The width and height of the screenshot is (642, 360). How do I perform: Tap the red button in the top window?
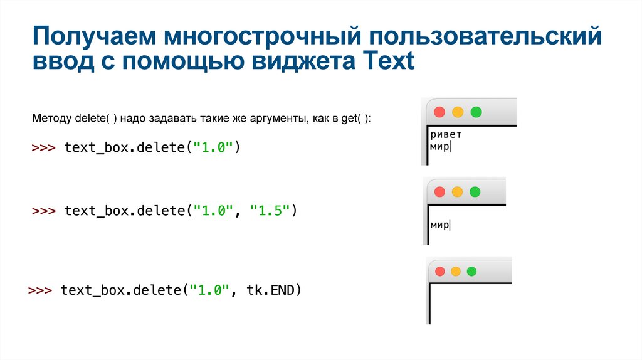tap(439, 112)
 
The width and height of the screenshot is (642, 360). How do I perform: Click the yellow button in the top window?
tap(458, 112)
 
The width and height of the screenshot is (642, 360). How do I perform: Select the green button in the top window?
tap(476, 112)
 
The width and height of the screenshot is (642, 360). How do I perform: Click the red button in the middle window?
tap(439, 191)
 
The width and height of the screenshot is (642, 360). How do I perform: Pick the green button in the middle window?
tap(475, 191)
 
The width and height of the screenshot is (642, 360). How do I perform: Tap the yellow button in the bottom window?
tap(456, 271)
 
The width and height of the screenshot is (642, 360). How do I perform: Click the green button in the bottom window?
tap(472, 271)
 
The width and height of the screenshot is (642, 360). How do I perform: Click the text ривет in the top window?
tap(446, 135)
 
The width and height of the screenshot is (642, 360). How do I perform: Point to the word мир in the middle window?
tap(439, 225)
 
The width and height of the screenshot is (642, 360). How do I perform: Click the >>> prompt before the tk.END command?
tap(41, 290)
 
